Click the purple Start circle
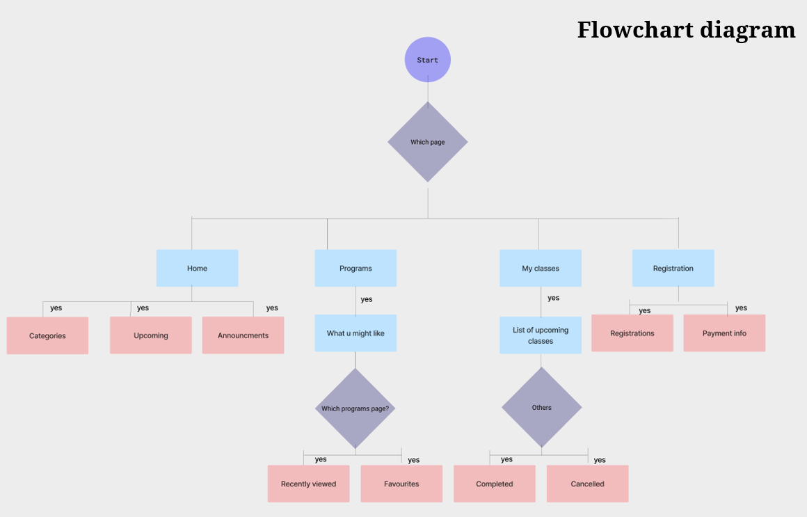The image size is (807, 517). pyautogui.click(x=428, y=60)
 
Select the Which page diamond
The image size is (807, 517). pyautogui.click(x=428, y=142)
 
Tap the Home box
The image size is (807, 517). pyautogui.click(x=197, y=268)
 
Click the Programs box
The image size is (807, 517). pyautogui.click(x=355, y=268)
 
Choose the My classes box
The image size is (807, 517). pyautogui.click(x=541, y=268)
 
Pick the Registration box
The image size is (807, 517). pyautogui.click(x=673, y=268)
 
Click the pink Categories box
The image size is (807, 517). pyautogui.click(x=47, y=335)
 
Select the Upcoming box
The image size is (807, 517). pyautogui.click(x=150, y=335)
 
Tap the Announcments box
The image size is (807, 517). pyautogui.click(x=243, y=335)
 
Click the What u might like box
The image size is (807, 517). pyautogui.click(x=355, y=333)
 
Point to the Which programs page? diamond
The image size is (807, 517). pyautogui.click(x=355, y=408)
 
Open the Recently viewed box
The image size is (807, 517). pyautogui.click(x=308, y=484)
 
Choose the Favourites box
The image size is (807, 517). pyautogui.click(x=401, y=484)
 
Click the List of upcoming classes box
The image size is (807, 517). pyautogui.click(x=541, y=335)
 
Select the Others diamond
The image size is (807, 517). pyautogui.click(x=541, y=407)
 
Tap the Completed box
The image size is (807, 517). pyautogui.click(x=495, y=484)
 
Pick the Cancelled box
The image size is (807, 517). pyautogui.click(x=587, y=484)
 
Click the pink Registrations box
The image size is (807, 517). pyautogui.click(x=632, y=333)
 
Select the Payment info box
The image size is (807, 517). pyautogui.click(x=724, y=333)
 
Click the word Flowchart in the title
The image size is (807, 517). pyautogui.click(x=634, y=30)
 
